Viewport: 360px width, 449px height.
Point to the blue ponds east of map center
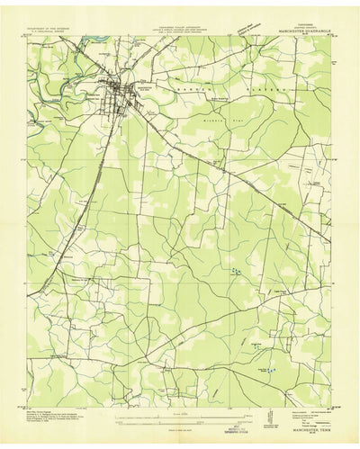[x=236, y=270]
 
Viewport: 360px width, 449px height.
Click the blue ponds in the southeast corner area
[x=270, y=369]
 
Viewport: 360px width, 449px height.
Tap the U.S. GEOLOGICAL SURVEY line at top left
[x=56, y=34]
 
